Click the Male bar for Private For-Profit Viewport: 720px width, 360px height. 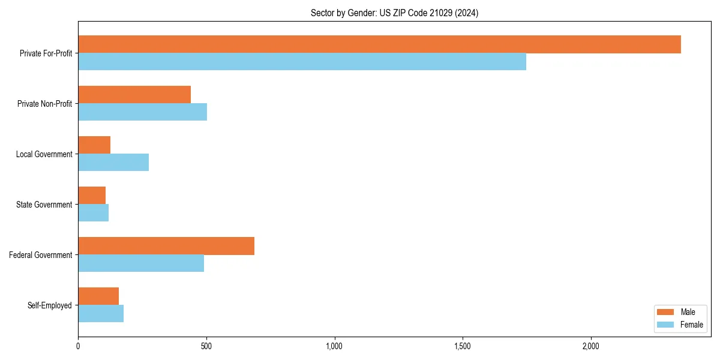click(379, 44)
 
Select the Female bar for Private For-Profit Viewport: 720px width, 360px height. click(302, 62)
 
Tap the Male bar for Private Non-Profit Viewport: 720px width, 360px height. click(134, 95)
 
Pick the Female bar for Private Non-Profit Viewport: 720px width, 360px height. click(142, 112)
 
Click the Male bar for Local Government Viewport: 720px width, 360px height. click(94, 145)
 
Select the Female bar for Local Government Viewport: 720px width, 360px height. click(113, 163)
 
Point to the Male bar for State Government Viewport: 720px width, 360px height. click(92, 196)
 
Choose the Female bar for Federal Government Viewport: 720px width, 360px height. click(141, 263)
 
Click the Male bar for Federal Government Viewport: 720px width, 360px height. click(166, 246)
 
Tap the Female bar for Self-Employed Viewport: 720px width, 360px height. click(101, 314)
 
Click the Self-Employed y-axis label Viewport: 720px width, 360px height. click(49, 305)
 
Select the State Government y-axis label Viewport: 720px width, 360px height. click(44, 205)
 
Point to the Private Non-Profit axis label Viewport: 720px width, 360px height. click(44, 104)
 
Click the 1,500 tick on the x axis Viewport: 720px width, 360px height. click(463, 346)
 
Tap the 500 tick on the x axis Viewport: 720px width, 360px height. click(206, 346)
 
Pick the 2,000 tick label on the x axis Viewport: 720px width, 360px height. click(591, 346)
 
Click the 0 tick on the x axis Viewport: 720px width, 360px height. click(78, 346)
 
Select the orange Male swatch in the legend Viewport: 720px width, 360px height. click(665, 312)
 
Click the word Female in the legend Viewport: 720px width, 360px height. click(691, 325)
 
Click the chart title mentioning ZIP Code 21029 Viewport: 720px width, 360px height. click(394, 13)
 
